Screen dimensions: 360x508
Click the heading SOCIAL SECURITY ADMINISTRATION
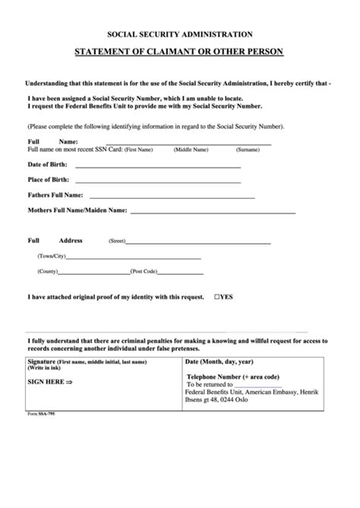click(180, 34)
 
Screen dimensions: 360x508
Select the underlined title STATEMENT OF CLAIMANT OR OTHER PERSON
click(180, 52)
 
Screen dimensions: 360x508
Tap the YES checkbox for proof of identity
click(218, 296)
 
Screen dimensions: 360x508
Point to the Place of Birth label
click(49, 179)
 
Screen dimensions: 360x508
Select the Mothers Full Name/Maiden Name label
click(77, 209)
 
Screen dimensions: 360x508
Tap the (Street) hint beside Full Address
click(117, 241)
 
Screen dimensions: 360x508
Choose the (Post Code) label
click(144, 271)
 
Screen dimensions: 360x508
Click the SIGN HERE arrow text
click(49, 382)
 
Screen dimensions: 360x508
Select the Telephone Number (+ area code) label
click(234, 376)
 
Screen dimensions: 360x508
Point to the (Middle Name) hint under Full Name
click(191, 150)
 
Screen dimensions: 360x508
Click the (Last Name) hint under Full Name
click(249, 150)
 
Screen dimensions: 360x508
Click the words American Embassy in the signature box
click(271, 392)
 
